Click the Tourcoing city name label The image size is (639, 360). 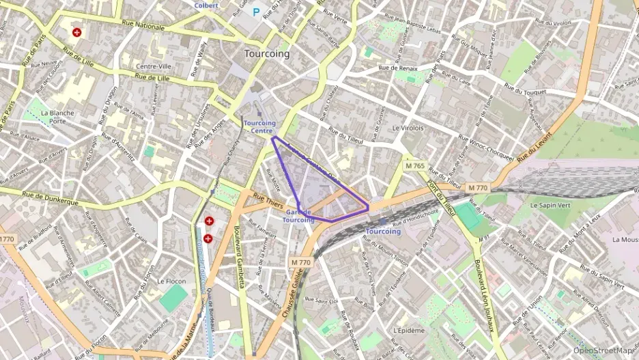[x=266, y=53]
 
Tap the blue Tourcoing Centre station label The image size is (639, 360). [x=259, y=127]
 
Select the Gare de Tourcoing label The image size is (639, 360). [x=298, y=217]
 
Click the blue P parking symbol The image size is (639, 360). [x=257, y=12]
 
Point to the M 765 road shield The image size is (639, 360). [x=414, y=166]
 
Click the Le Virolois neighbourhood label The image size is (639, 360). [x=408, y=128]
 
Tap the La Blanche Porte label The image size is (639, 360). [x=57, y=117]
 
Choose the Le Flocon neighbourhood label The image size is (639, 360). [x=171, y=281]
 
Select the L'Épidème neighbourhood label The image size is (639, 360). [x=409, y=330]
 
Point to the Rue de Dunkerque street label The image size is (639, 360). [x=51, y=199]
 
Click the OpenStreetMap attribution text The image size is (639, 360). [x=606, y=350]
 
